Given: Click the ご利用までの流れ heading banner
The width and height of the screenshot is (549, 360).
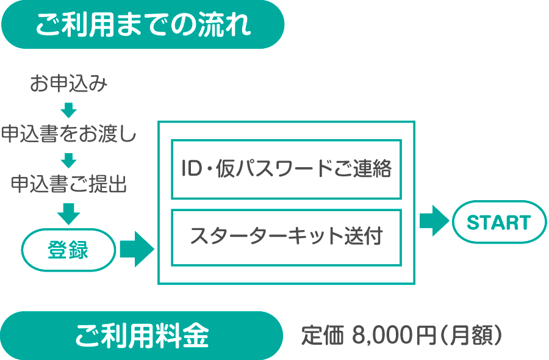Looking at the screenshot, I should click(x=143, y=24).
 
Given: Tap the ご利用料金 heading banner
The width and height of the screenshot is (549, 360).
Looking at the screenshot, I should click(x=143, y=336).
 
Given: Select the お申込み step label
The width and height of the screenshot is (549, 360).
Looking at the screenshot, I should click(x=69, y=84).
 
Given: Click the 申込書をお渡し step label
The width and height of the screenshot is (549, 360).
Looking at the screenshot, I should click(x=68, y=134).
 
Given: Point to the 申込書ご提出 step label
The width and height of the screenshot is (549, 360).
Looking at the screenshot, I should click(x=69, y=184).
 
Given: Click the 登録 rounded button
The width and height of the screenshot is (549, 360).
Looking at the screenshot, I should click(x=68, y=250).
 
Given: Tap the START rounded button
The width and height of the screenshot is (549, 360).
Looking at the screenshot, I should click(x=499, y=223).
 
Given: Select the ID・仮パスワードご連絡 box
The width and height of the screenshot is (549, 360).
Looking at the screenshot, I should click(x=286, y=169).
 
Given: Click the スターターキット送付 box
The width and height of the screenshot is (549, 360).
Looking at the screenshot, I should click(x=286, y=237).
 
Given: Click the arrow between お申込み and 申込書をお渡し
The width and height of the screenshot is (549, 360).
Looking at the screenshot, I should click(x=69, y=110).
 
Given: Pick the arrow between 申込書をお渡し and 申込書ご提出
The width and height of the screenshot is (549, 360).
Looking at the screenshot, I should click(x=69, y=160).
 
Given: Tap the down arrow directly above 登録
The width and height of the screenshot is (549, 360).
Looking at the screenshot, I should click(x=69, y=212).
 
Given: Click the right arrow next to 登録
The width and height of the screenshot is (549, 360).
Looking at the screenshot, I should click(x=136, y=249).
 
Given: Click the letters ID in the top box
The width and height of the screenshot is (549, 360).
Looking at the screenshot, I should click(x=191, y=169).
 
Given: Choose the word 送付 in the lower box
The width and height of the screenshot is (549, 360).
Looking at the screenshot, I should click(x=363, y=237).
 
